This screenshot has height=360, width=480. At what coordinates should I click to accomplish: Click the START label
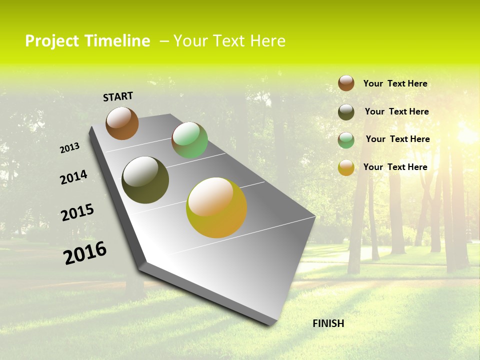pyautogui.click(x=118, y=96)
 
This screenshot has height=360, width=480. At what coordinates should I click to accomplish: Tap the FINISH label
pyautogui.click(x=328, y=323)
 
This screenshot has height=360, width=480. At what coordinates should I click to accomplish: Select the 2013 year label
pyautogui.click(x=69, y=148)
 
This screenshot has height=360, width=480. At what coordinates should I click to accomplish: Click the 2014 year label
pyautogui.click(x=73, y=177)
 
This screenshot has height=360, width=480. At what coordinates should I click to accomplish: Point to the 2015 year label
pyautogui.click(x=77, y=212)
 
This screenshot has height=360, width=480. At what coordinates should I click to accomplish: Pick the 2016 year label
pyautogui.click(x=85, y=253)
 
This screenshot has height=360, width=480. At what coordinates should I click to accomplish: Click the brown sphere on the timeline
pyautogui.click(x=122, y=123)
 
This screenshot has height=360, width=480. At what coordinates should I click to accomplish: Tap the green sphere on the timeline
pyautogui.click(x=189, y=140)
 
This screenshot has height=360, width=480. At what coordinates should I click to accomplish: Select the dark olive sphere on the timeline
pyautogui.click(x=145, y=180)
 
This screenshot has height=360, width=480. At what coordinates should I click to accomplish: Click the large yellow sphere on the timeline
pyautogui.click(x=216, y=207)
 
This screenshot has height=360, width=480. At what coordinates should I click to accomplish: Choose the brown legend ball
pyautogui.click(x=346, y=83)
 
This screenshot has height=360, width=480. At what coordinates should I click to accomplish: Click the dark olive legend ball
pyautogui.click(x=346, y=112)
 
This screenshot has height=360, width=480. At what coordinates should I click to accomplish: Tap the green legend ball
pyautogui.click(x=346, y=140)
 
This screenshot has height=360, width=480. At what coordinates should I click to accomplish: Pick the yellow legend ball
pyautogui.click(x=346, y=167)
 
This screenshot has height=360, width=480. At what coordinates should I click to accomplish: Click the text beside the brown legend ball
pyautogui.click(x=395, y=83)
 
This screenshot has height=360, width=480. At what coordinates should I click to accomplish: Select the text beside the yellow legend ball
pyautogui.click(x=395, y=167)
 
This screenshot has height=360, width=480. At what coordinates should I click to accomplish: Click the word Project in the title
pyautogui.click(x=51, y=41)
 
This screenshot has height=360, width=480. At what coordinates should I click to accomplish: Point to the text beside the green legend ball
pyautogui.click(x=397, y=139)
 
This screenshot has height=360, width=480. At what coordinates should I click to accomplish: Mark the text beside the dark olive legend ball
pyautogui.click(x=396, y=111)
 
